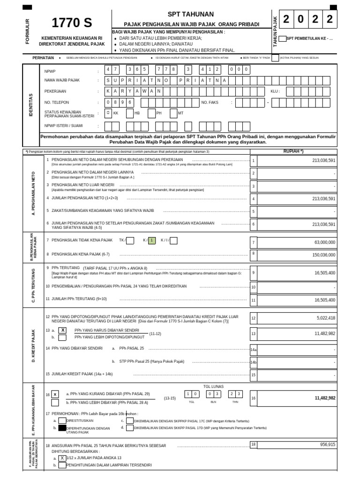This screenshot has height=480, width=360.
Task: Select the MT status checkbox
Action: tap(173, 113)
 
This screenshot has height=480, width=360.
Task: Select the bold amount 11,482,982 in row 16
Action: tap(319, 398)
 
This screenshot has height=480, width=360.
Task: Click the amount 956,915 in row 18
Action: tap(324, 444)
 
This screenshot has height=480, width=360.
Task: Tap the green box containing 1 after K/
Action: tap(151, 240)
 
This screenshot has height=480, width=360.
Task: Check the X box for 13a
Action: tap(62, 330)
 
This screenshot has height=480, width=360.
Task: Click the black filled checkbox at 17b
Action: tap(62, 428)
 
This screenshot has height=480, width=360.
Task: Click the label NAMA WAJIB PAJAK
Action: tap(62, 80)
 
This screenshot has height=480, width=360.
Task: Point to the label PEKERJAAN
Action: tap(56, 91)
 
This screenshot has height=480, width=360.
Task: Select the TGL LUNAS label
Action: tap(213, 386)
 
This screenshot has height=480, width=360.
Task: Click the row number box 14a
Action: tap(254, 350)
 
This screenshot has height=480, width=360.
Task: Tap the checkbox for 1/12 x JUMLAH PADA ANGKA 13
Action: tap(62, 458)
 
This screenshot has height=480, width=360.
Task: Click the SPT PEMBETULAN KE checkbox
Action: tap(282, 38)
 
